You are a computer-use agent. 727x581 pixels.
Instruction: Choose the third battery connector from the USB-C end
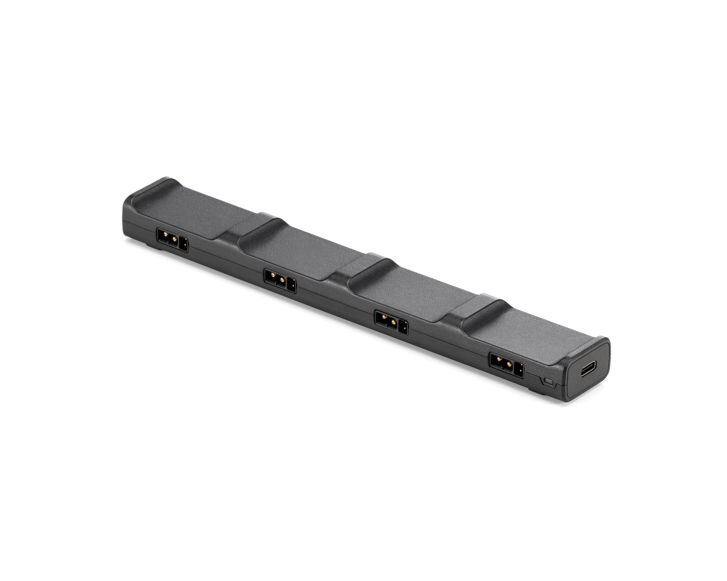280,281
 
